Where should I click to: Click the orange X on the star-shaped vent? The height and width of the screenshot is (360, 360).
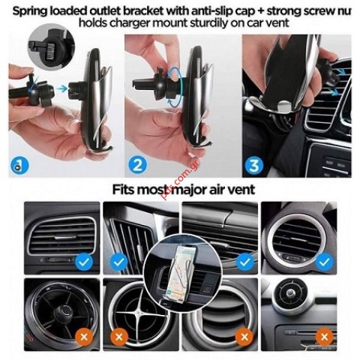click(x=117, y=335)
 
